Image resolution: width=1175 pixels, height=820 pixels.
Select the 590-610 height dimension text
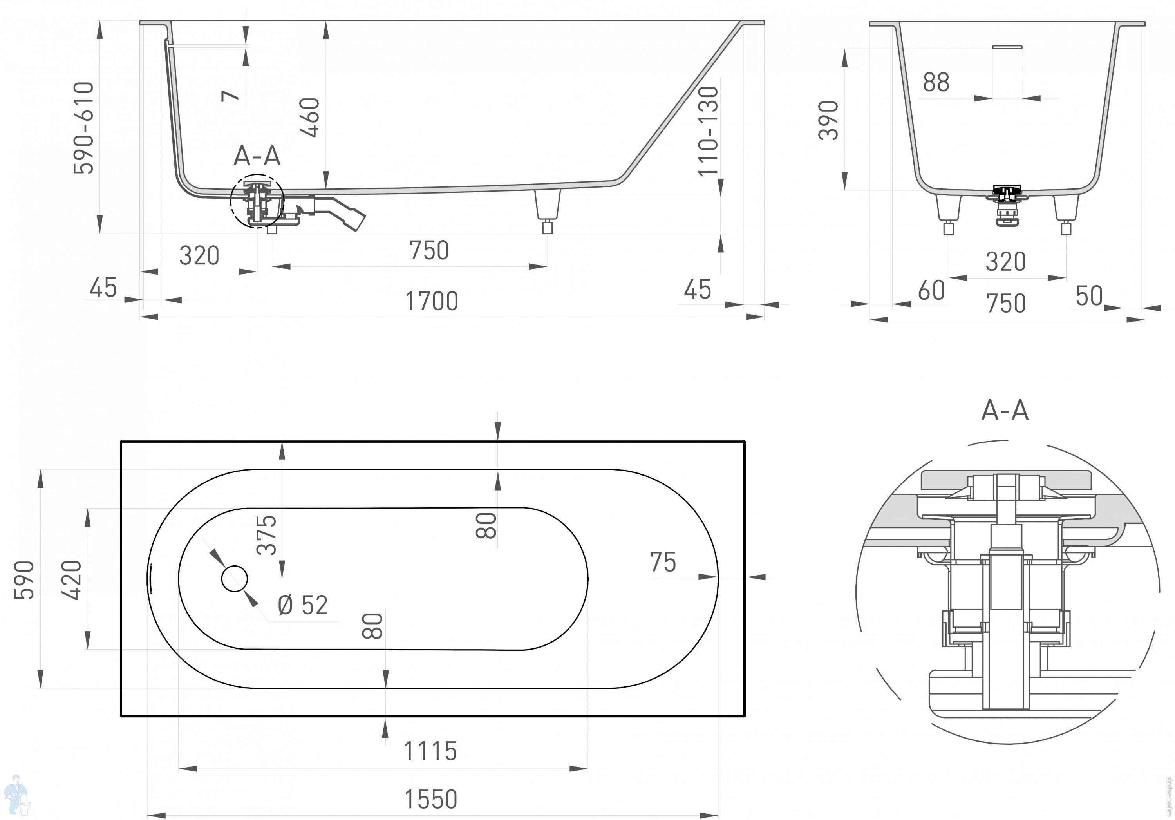[x=83, y=128]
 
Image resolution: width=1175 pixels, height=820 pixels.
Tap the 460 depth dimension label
[x=310, y=117]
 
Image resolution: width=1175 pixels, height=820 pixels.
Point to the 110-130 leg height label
[x=709, y=131]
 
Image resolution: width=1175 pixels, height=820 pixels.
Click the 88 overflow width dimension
[x=936, y=82]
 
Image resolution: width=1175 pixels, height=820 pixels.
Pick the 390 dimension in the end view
[x=828, y=120]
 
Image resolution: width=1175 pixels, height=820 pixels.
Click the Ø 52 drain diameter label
[x=302, y=605]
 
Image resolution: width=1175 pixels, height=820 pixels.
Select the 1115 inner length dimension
[x=430, y=751]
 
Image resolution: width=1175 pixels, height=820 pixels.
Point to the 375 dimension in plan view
[x=267, y=535]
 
